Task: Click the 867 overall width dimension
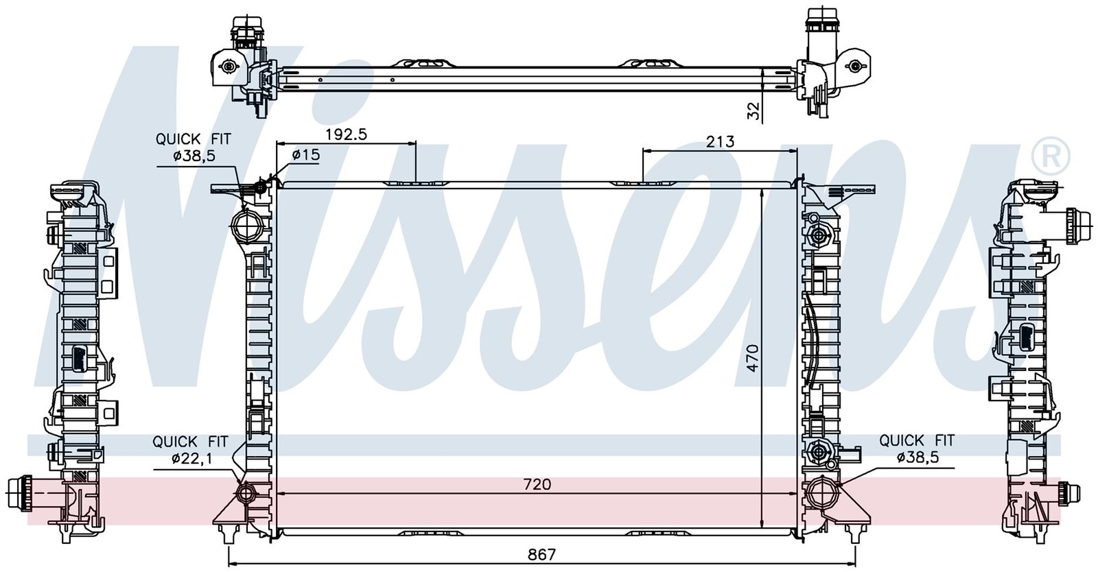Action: (541, 555)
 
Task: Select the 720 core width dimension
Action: (537, 484)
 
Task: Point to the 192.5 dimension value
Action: (347, 134)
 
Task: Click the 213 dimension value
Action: (720, 141)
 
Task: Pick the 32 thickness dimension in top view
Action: (754, 110)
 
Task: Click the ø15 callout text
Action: (305, 155)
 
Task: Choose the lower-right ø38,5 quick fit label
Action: (918, 457)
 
